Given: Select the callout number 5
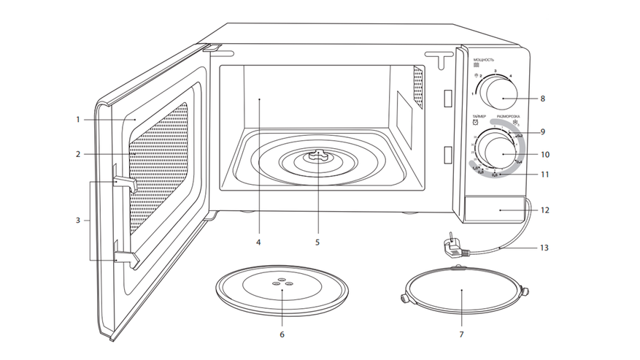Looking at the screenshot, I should (x=317, y=240).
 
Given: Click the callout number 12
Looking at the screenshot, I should (x=544, y=210).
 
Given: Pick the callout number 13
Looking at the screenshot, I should (x=544, y=248).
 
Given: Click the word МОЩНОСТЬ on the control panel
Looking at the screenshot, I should (x=484, y=59).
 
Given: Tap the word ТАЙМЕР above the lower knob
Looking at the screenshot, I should (x=479, y=116).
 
